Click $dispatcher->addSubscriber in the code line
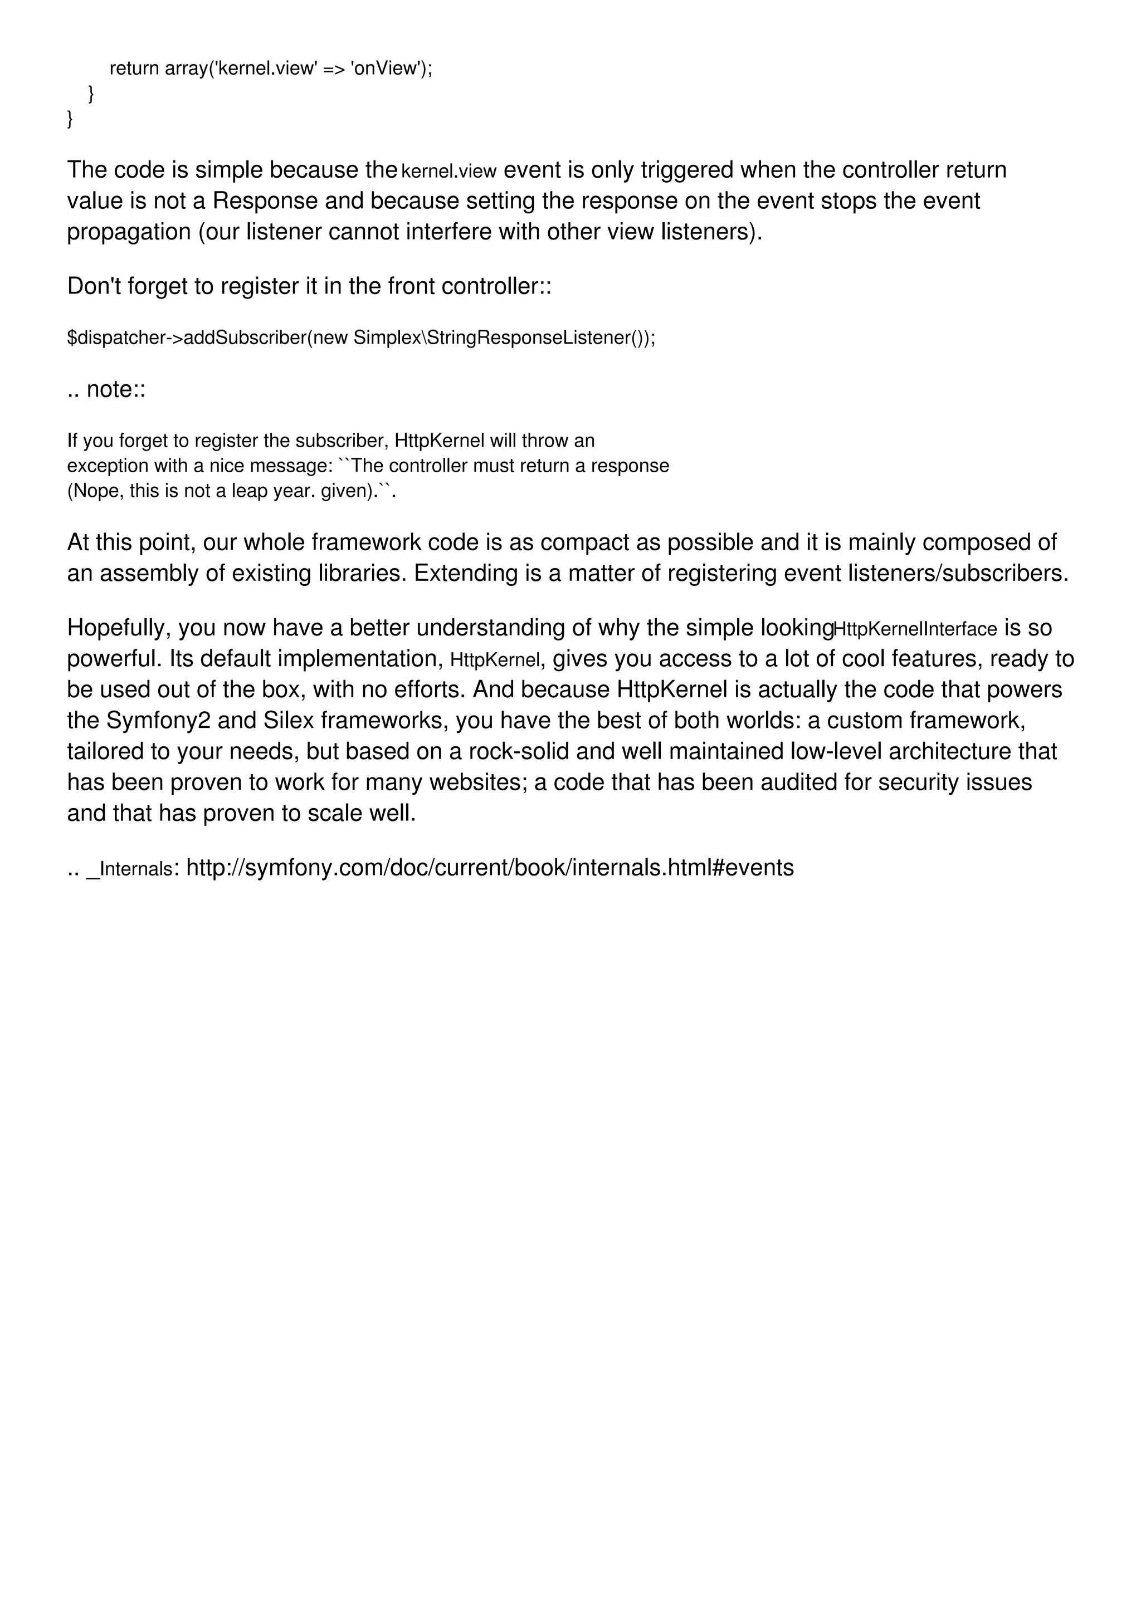(x=186, y=338)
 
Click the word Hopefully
(x=119, y=628)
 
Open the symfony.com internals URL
(x=490, y=868)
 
